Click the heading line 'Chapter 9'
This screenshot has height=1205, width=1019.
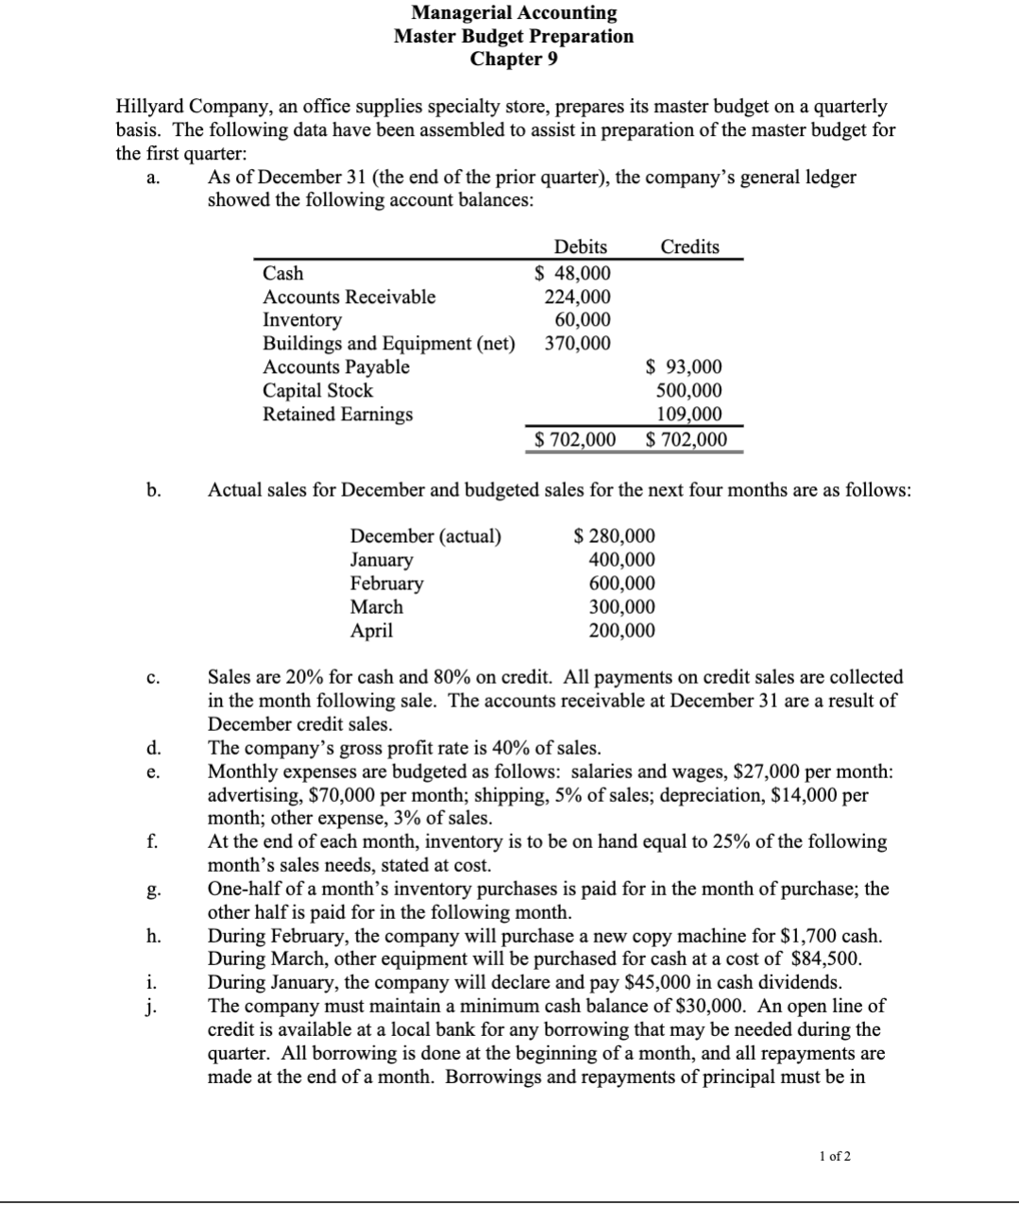[514, 59]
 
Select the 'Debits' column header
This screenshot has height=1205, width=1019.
[580, 246]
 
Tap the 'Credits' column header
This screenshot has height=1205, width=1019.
[689, 246]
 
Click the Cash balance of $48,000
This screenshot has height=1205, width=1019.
[572, 273]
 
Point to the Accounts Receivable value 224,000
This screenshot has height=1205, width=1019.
[577, 297]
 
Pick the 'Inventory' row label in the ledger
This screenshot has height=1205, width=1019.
[301, 320]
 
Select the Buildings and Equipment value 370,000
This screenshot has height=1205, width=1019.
[577, 344]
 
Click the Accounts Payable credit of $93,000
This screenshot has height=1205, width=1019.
[684, 367]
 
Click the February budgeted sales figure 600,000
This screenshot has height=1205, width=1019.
[621, 584]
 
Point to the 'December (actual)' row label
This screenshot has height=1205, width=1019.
[426, 536]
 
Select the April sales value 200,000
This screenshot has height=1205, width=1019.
[621, 631]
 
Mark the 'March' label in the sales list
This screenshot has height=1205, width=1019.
[376, 607]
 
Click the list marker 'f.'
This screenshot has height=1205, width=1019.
[151, 841]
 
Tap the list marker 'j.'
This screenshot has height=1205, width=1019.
[151, 1006]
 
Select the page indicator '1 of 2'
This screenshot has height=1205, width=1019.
[835, 1156]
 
